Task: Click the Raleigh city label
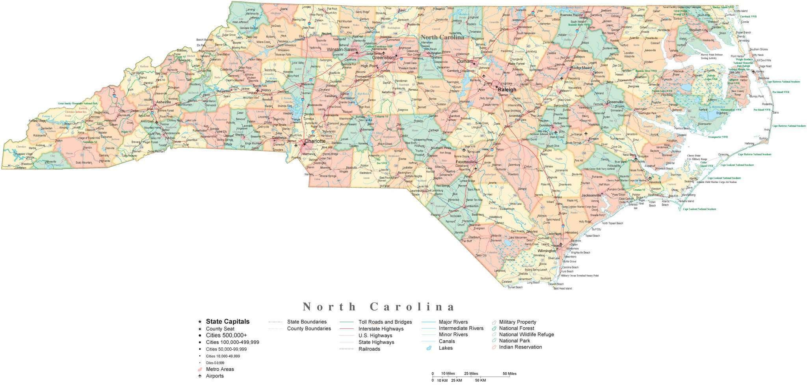click(507, 90)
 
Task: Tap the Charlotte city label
click(315, 141)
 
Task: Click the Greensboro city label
click(384, 58)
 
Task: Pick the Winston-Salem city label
click(341, 50)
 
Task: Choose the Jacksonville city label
click(591, 195)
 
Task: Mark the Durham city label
click(465, 62)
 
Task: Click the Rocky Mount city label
click(581, 68)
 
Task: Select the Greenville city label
click(615, 102)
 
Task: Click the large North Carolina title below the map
click(379, 307)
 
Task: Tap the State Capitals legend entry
click(227, 322)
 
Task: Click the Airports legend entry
click(214, 376)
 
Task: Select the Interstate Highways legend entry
click(381, 328)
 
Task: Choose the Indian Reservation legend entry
click(520, 347)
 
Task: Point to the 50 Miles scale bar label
click(509, 373)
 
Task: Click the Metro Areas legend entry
click(219, 369)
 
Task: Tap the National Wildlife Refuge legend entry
click(526, 334)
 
